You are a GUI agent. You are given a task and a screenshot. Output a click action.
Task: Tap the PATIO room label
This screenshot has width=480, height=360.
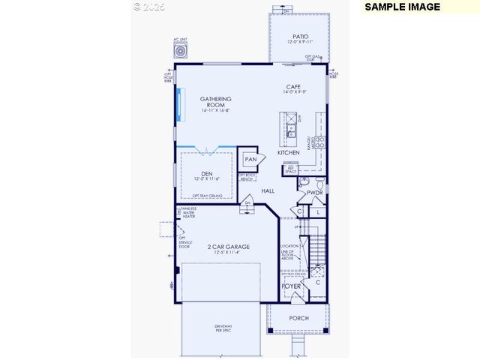click(x=300, y=36)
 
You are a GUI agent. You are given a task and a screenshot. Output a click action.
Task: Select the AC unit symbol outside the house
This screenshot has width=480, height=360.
click(x=181, y=51)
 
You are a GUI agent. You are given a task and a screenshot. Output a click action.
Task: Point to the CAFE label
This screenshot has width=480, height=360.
click(x=293, y=87)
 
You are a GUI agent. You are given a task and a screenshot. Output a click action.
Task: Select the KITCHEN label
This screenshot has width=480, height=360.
click(x=289, y=152)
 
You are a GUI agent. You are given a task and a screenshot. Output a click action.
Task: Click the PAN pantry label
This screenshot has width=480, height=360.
click(x=250, y=159)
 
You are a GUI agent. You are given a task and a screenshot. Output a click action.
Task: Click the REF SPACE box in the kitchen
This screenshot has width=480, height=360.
click(x=290, y=170)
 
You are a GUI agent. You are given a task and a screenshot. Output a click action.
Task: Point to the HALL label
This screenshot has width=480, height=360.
click(x=268, y=191)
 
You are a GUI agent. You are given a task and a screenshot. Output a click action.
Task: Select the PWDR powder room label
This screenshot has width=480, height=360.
click(x=314, y=193)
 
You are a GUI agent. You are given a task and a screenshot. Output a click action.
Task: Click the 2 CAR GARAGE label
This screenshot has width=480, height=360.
click(x=229, y=247)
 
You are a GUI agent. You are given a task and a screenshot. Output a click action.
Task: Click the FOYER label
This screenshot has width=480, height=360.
click(x=291, y=286)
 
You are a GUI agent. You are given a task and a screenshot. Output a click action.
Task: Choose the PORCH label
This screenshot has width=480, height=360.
click(x=298, y=319)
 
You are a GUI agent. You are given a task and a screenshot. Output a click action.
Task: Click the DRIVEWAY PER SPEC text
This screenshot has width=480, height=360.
click(x=223, y=328)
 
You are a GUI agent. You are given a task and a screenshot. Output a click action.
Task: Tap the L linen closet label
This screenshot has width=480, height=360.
click(x=318, y=213)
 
